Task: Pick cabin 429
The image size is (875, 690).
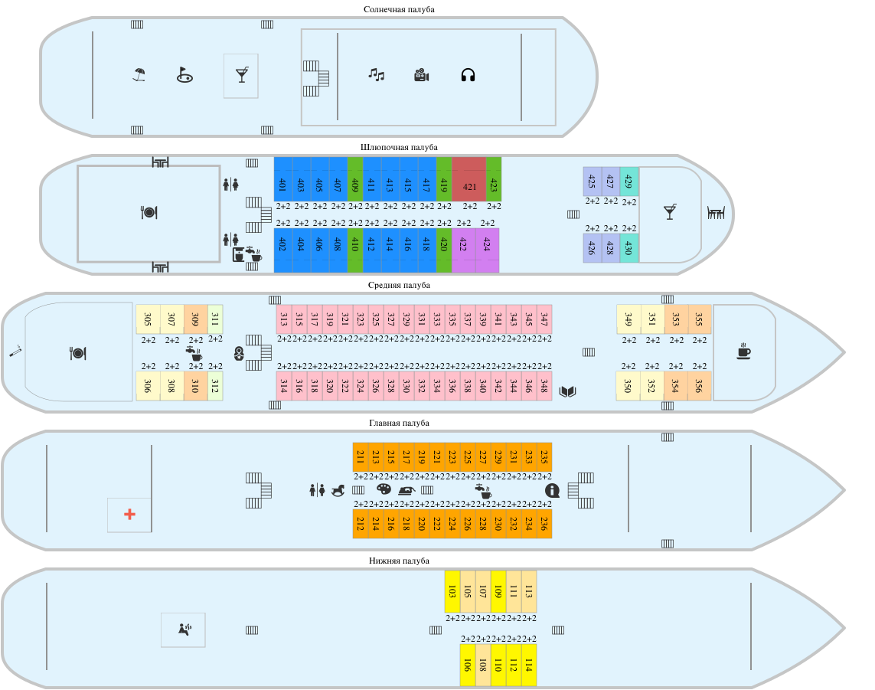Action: click(628, 181)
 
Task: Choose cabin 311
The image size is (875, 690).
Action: click(215, 319)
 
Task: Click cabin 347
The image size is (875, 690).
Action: click(544, 319)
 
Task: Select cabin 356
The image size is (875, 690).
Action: click(698, 386)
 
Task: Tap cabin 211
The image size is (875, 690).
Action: click(361, 456)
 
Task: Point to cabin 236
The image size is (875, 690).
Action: click(544, 524)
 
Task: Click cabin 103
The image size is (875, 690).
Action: click(452, 591)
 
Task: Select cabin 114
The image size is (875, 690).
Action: click(528, 664)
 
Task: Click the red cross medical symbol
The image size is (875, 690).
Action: click(129, 515)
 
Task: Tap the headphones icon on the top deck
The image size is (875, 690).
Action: click(469, 75)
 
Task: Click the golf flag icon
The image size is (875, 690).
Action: click(184, 75)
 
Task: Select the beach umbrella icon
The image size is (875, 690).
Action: click(139, 75)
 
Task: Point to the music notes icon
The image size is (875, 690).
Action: click(376, 74)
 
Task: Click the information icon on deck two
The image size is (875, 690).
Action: click(552, 490)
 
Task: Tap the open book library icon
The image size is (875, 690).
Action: click(567, 392)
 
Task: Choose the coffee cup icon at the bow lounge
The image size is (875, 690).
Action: click(743, 352)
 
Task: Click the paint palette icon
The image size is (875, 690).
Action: click(384, 489)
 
